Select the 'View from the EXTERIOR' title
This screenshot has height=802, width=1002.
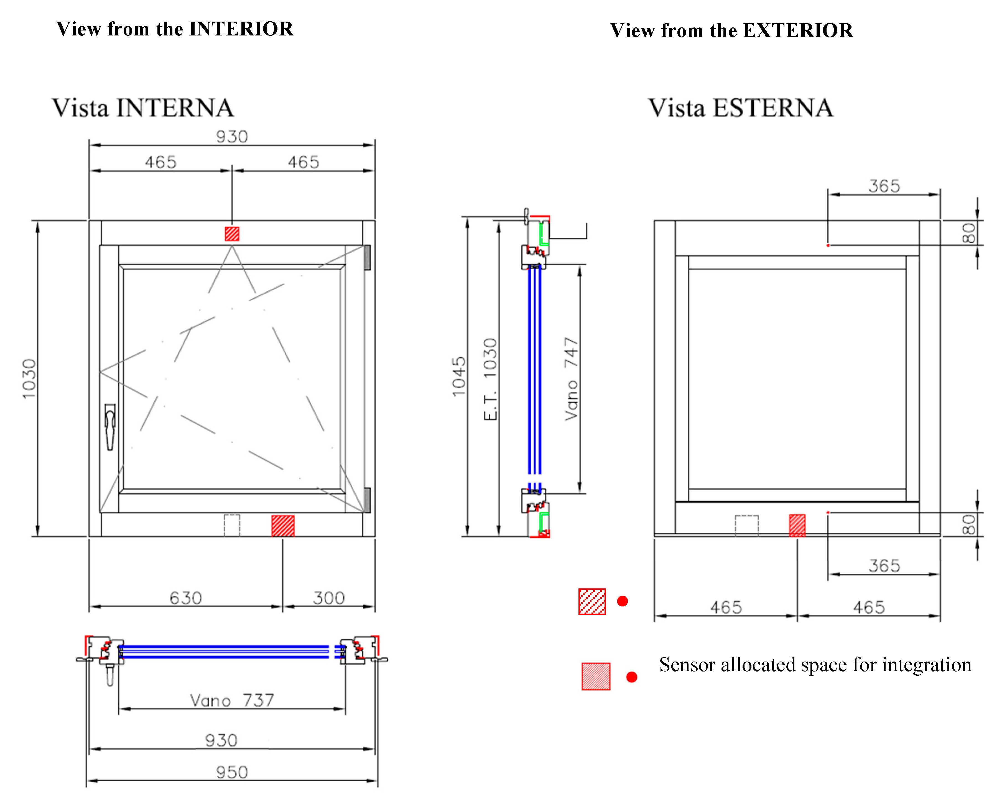(x=731, y=31)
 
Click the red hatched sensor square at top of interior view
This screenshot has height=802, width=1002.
(x=232, y=234)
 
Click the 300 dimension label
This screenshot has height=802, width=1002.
(x=328, y=598)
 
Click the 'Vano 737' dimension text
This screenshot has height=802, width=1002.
(x=232, y=700)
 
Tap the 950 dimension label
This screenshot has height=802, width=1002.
(x=232, y=772)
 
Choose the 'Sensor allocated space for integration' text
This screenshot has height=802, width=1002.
(x=815, y=665)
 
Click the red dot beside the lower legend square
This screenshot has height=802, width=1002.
(x=632, y=677)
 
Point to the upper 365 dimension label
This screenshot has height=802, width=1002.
(x=884, y=186)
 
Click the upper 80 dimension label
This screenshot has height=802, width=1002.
(x=969, y=233)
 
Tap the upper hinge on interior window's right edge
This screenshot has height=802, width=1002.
(x=367, y=257)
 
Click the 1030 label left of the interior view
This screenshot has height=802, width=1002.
(x=29, y=378)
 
